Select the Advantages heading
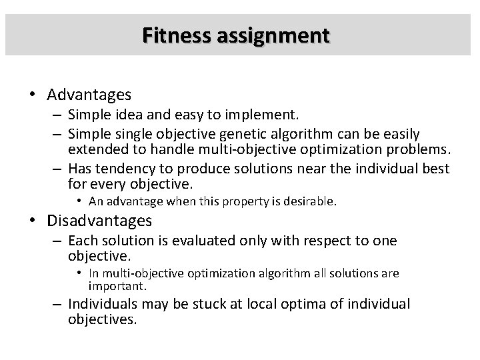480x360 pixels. click(90, 95)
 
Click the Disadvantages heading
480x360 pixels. click(101, 220)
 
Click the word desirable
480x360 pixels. click(312, 201)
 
